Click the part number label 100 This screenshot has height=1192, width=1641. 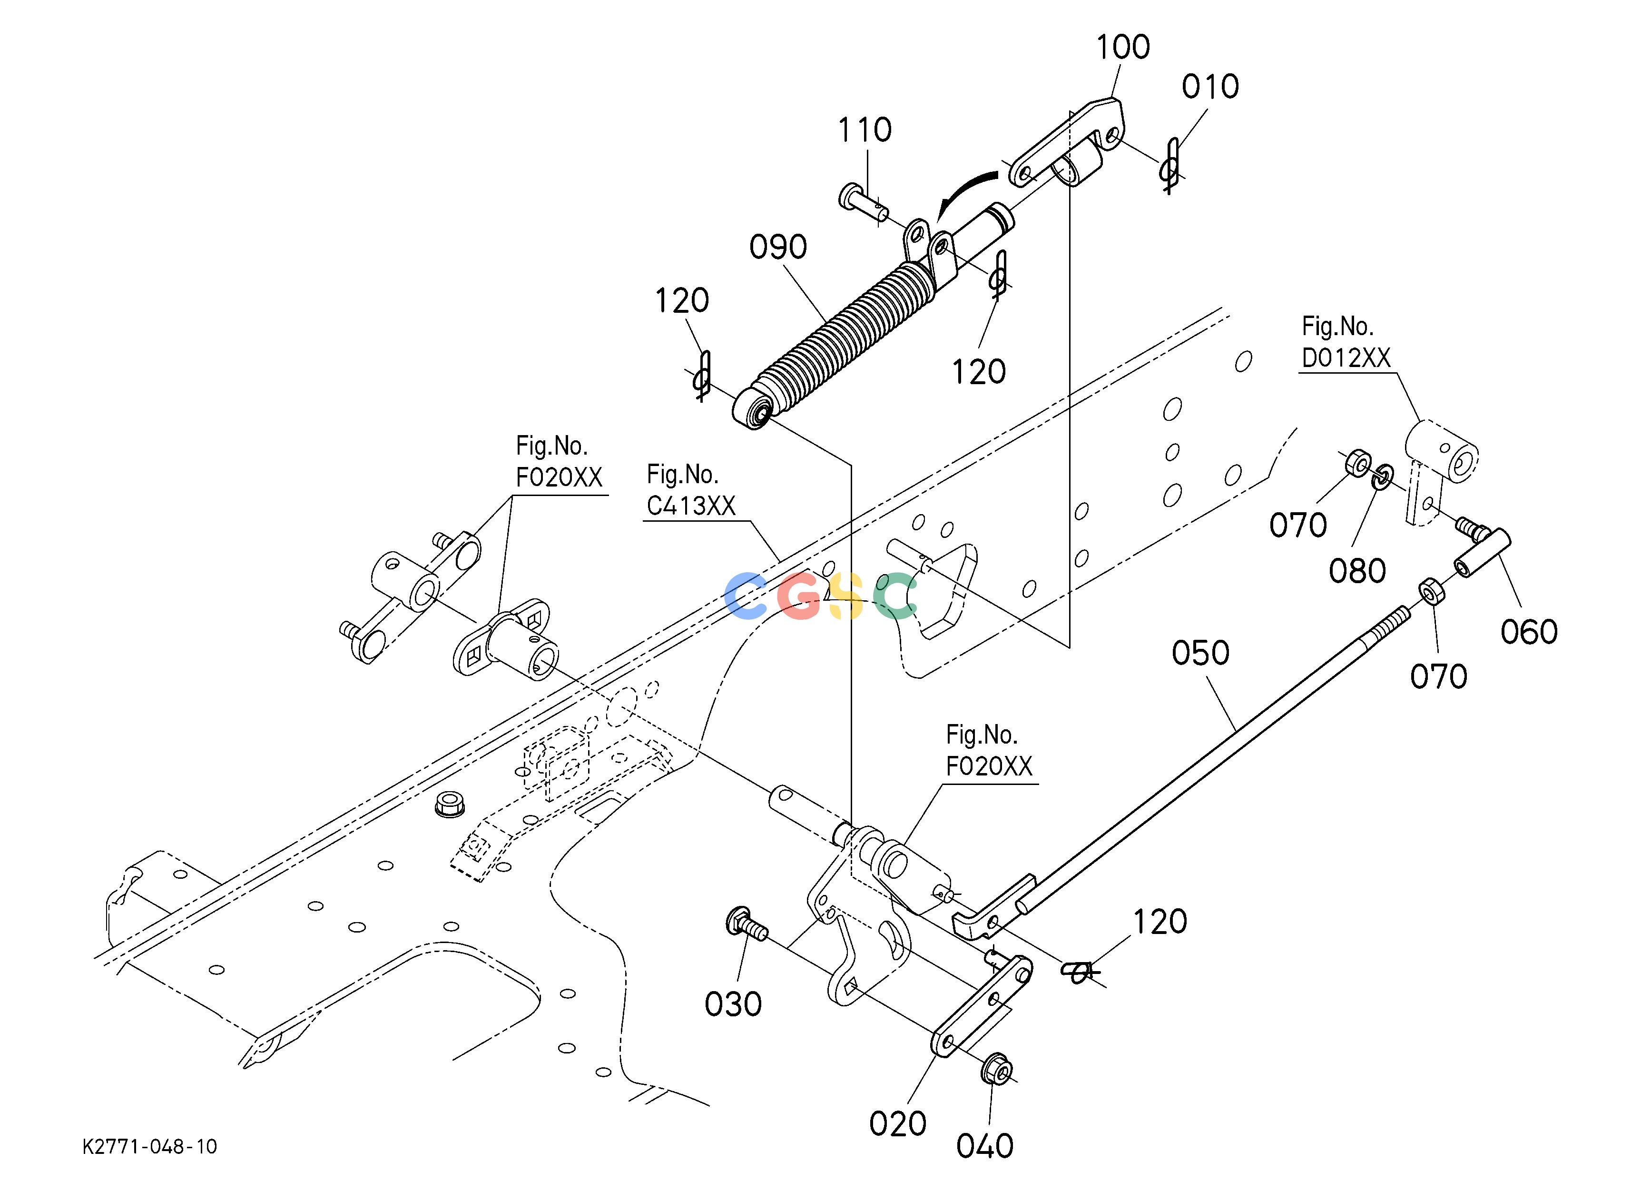(x=1123, y=47)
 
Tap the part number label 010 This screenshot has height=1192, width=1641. (x=1210, y=87)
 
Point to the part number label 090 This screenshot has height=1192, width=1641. (x=778, y=248)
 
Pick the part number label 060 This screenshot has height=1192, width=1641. (x=1529, y=632)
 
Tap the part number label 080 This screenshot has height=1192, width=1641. (x=1357, y=571)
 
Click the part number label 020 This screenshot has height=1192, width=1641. (x=898, y=1124)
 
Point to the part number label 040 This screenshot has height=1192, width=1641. (x=985, y=1146)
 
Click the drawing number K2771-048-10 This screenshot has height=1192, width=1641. (x=150, y=1147)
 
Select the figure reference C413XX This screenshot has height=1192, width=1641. (x=691, y=506)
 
